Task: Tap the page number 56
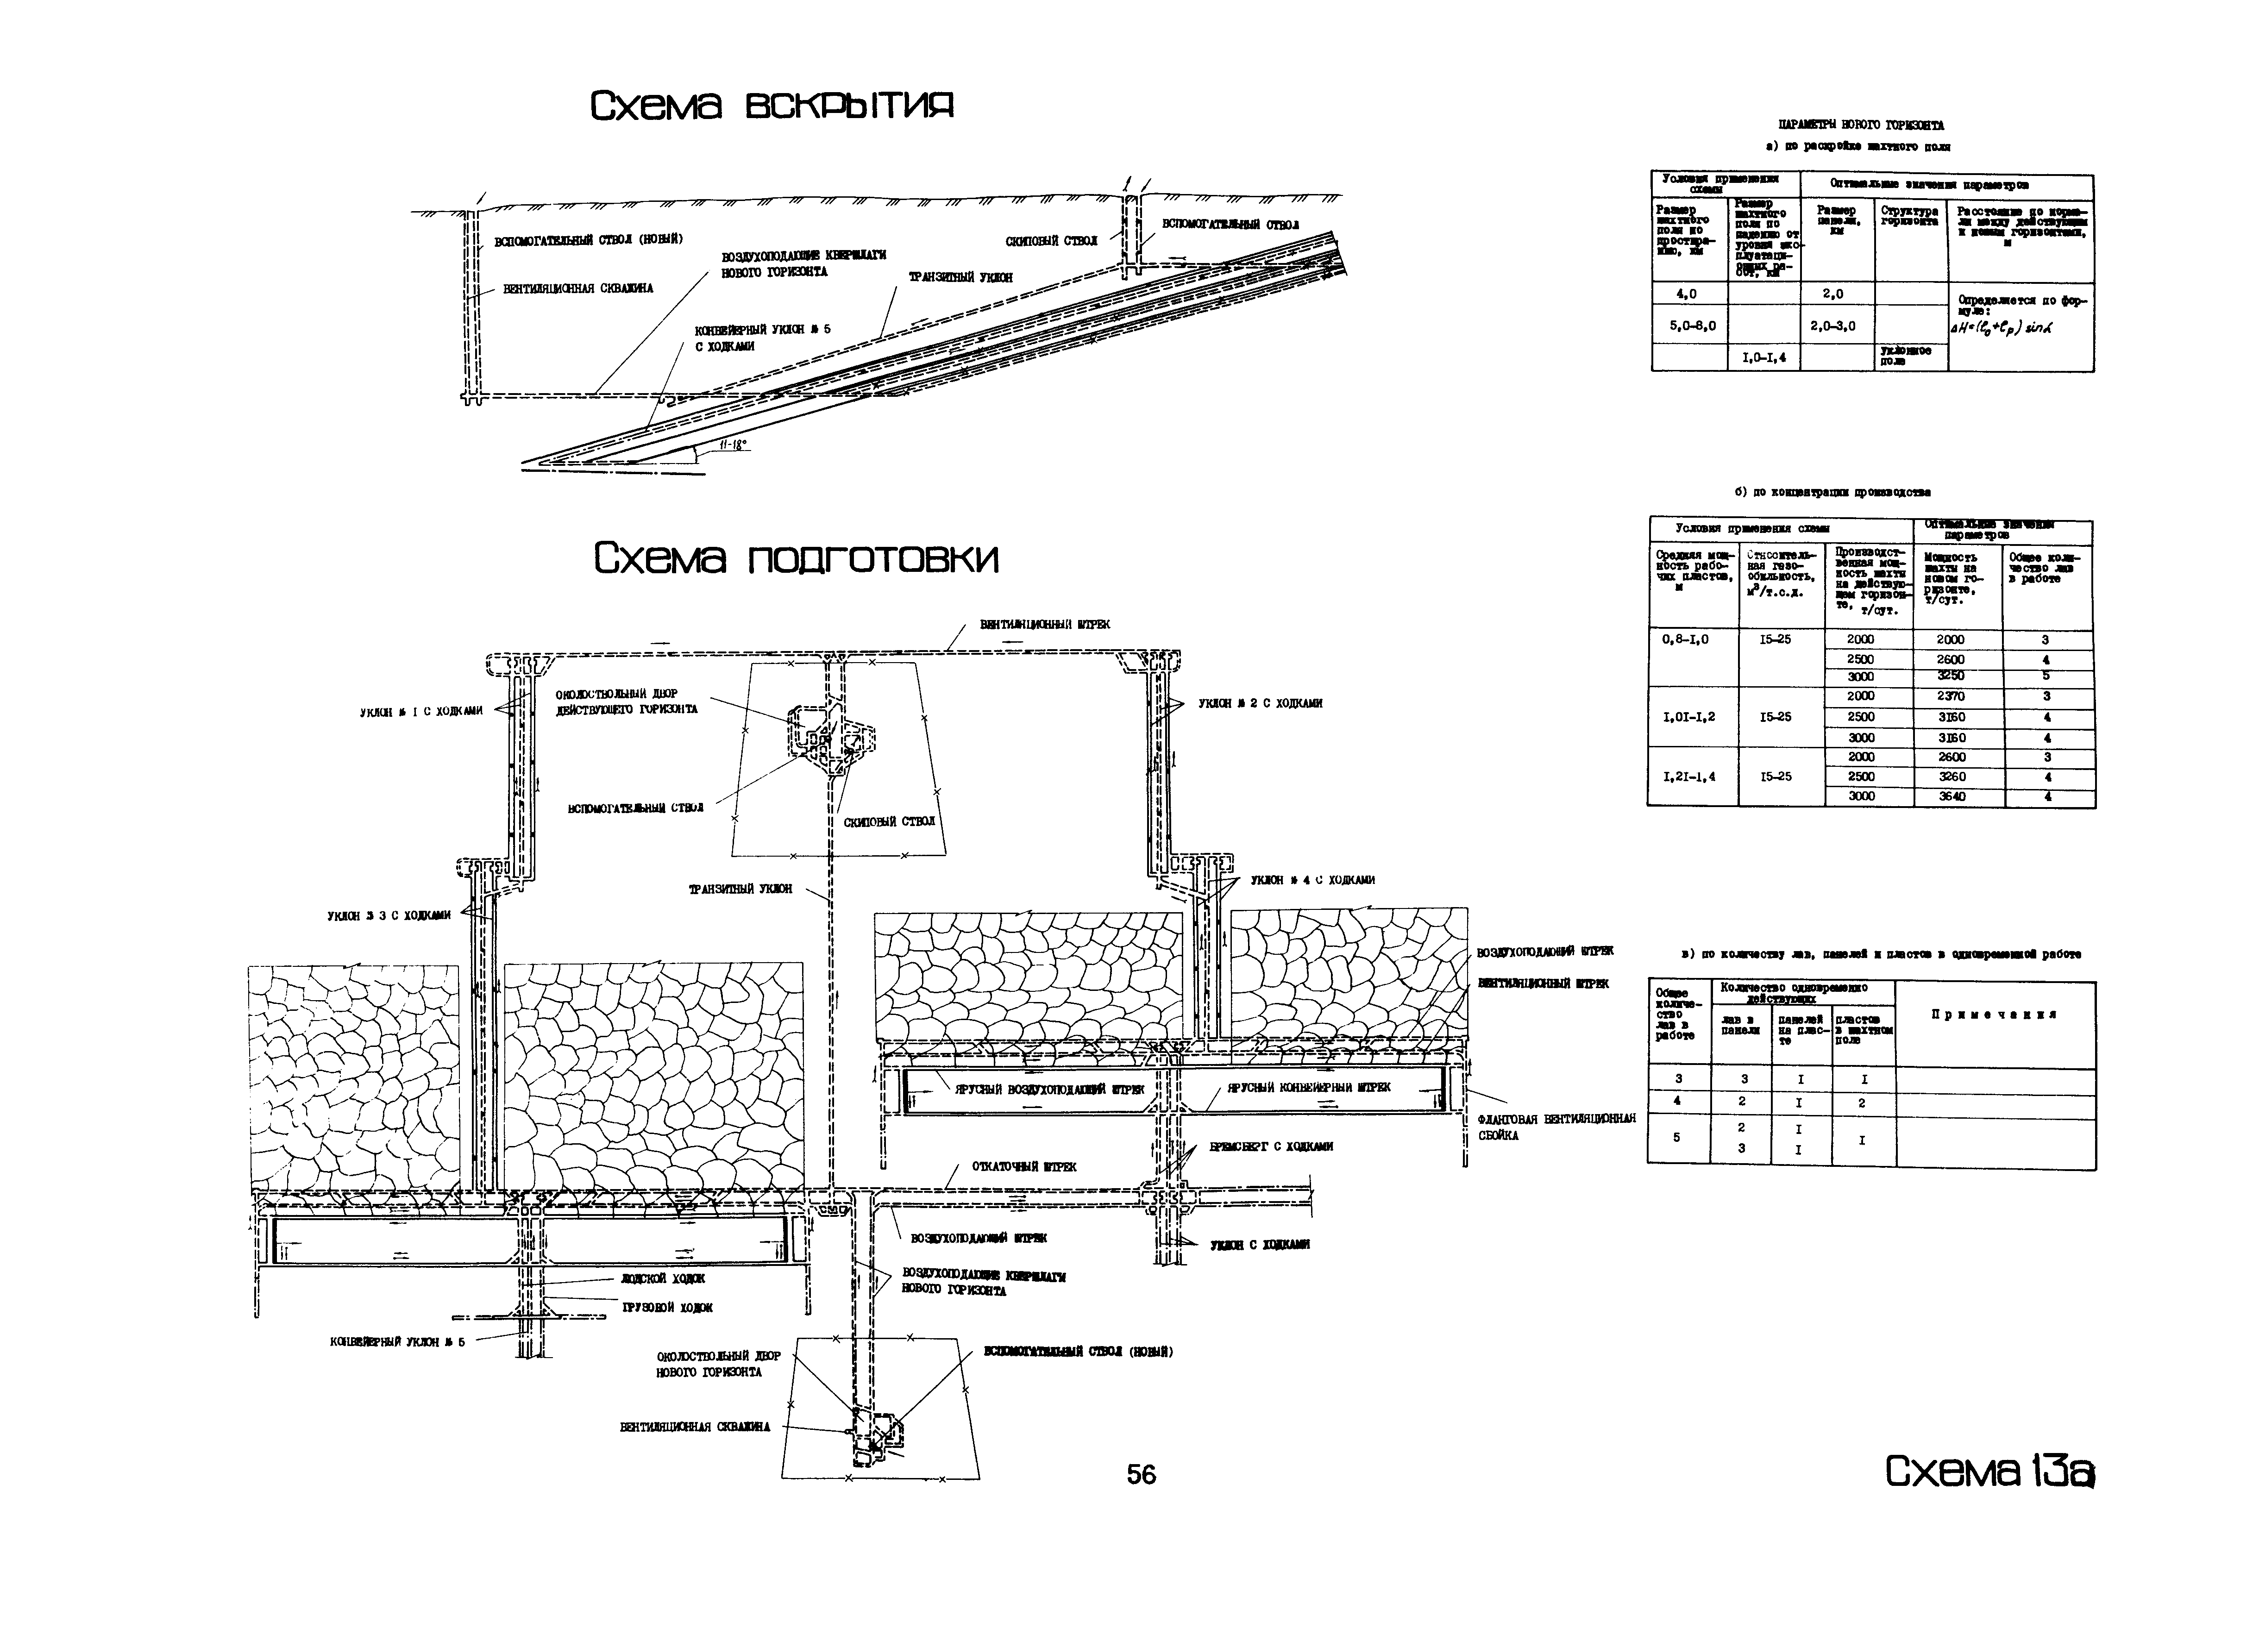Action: pyautogui.click(x=1142, y=1475)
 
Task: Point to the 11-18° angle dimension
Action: pyautogui.click(x=732, y=445)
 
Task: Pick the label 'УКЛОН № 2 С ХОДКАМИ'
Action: pyautogui.click(x=1260, y=703)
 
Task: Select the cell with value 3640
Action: pyautogui.click(x=1952, y=796)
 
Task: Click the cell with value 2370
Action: pyautogui.click(x=1952, y=696)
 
